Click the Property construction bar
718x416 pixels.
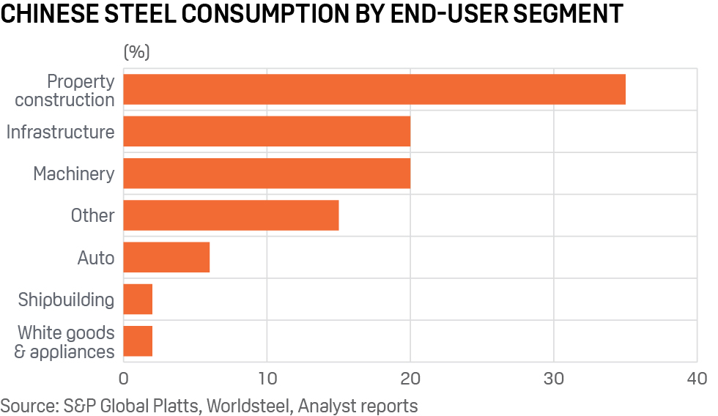tap(374, 89)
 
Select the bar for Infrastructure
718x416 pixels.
tap(267, 132)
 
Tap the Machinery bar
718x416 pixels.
tap(267, 174)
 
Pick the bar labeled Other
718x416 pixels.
tap(231, 215)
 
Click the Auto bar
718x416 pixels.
tap(166, 257)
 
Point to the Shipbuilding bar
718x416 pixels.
tap(138, 300)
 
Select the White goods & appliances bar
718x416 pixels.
tap(138, 341)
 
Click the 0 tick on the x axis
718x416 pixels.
tap(123, 379)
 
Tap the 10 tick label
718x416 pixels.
tap(267, 379)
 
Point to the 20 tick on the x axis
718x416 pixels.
tap(410, 379)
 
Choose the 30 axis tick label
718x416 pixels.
tap(554, 379)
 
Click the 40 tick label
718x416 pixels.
tap(697, 379)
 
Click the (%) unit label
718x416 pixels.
tap(136, 52)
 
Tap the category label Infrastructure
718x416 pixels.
tap(60, 132)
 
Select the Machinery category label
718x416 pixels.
tap(73, 174)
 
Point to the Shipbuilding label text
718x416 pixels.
tap(66, 300)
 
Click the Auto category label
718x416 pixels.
tap(96, 258)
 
